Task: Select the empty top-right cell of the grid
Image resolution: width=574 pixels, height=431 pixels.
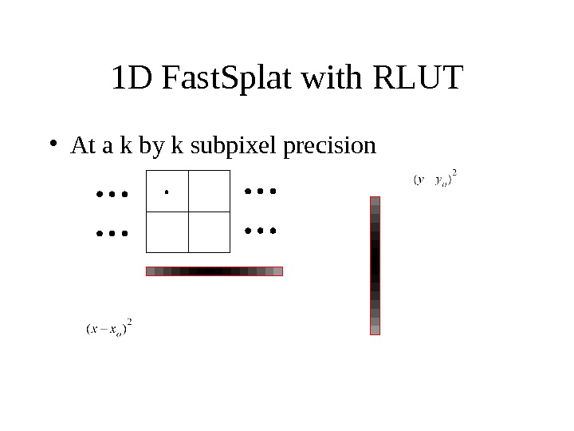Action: [209, 191]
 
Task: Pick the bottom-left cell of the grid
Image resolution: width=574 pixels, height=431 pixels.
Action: [167, 231]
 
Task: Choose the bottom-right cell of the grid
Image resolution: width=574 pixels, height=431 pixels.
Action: [209, 231]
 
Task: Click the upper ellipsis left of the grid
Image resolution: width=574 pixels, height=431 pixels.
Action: [111, 194]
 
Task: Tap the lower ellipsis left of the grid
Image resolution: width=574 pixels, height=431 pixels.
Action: [111, 234]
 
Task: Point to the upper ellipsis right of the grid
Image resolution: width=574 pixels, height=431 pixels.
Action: [260, 192]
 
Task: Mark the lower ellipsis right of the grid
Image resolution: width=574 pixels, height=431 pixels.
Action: [260, 231]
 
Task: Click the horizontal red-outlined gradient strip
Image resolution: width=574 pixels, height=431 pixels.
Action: [214, 271]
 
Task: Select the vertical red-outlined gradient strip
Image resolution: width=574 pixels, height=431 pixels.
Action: [375, 266]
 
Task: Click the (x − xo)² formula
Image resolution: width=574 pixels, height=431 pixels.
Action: [108, 328]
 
